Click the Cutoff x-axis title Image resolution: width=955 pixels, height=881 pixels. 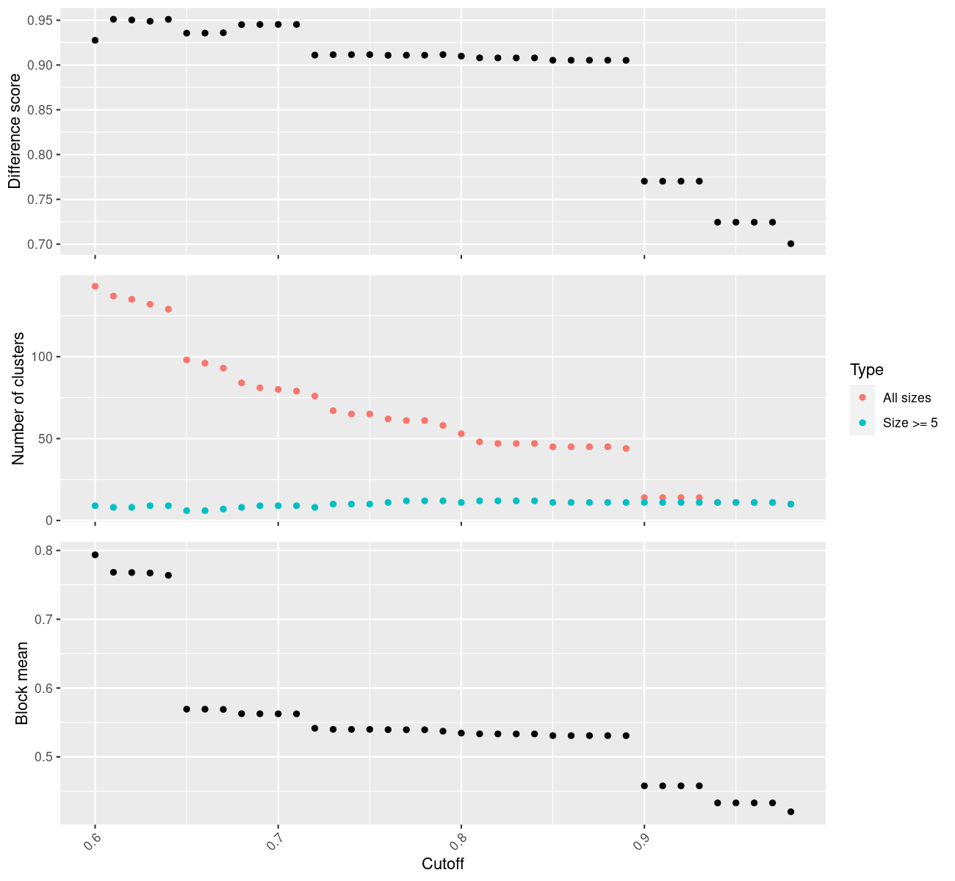442,863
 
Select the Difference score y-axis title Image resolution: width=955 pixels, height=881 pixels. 15,131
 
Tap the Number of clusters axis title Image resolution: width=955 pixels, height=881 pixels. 18,399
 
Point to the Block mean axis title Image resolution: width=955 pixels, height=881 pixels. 21,683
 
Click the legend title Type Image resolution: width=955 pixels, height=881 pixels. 867,370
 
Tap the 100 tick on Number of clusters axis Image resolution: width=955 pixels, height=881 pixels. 42,357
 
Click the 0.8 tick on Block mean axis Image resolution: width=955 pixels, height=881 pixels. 44,551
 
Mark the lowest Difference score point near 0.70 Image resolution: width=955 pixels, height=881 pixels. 790,244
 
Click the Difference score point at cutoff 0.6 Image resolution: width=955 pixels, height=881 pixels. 95,40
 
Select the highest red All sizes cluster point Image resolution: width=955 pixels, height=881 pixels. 95,286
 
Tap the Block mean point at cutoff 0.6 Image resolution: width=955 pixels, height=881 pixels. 95,554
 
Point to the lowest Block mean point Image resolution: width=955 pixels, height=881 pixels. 790,812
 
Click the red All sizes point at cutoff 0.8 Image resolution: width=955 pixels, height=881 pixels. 461,434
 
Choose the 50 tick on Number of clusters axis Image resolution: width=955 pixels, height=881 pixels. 47,438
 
